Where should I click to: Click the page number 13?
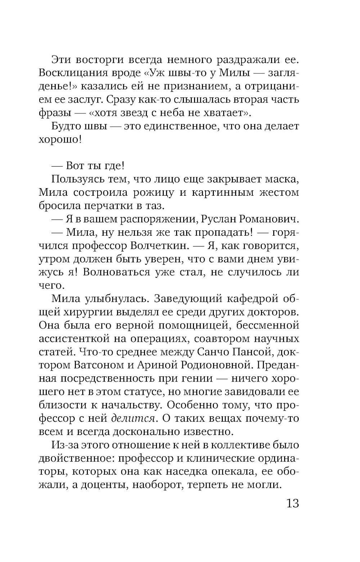tap(292, 503)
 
